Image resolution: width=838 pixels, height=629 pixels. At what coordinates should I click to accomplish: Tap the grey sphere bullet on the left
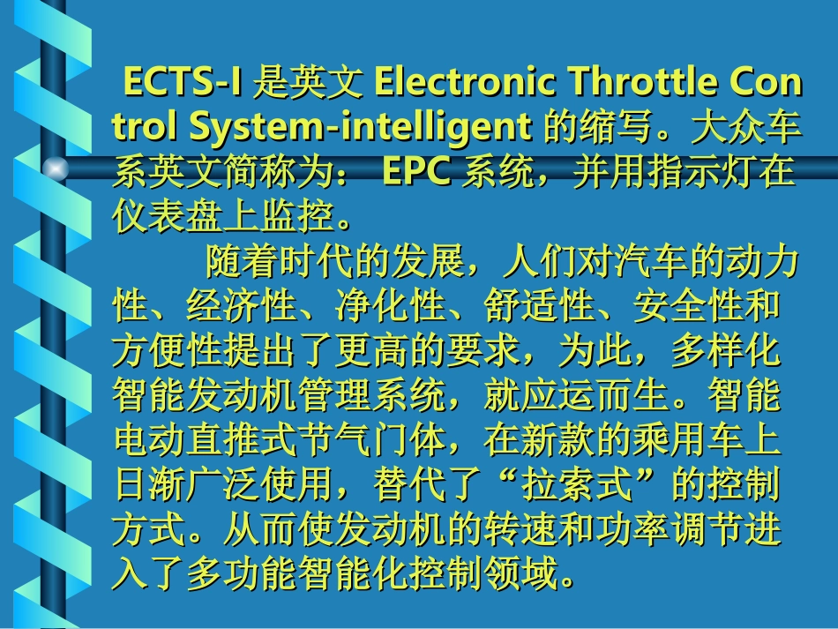coord(56,168)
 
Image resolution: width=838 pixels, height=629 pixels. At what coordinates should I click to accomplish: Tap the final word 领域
coord(521,576)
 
